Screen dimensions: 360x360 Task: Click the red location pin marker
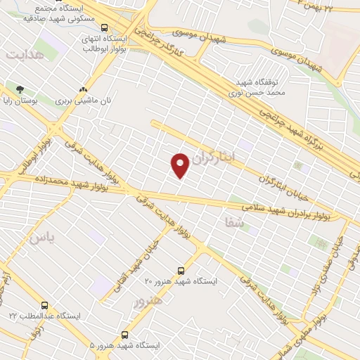point(181,165)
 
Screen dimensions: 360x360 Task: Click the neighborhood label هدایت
point(24,53)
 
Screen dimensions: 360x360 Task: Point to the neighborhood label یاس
point(40,237)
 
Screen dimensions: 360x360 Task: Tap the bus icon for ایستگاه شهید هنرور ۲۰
point(181,270)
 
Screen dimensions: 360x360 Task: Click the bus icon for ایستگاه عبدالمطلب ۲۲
point(45,305)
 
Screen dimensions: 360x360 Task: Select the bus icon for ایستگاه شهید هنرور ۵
point(125,335)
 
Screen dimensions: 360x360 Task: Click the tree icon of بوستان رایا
point(20,89)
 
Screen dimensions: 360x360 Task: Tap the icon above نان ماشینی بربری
point(84,89)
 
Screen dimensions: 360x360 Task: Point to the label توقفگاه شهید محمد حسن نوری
point(257,86)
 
